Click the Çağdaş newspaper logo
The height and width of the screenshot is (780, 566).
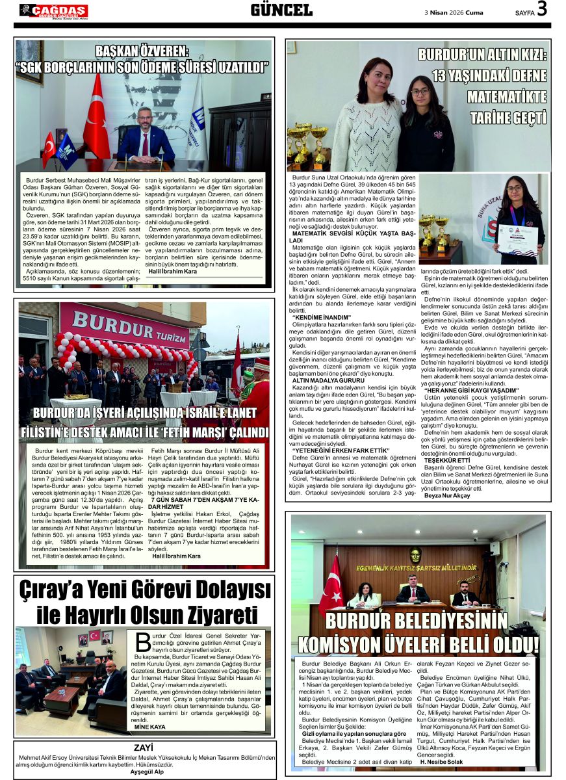[53, 10]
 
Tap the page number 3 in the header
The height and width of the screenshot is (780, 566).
[541, 10]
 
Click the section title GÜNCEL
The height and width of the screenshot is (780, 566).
[281, 10]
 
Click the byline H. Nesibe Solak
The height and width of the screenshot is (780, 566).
[441, 762]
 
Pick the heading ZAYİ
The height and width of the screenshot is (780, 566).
[143, 747]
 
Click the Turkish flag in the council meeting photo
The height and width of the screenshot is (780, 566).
[331, 584]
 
